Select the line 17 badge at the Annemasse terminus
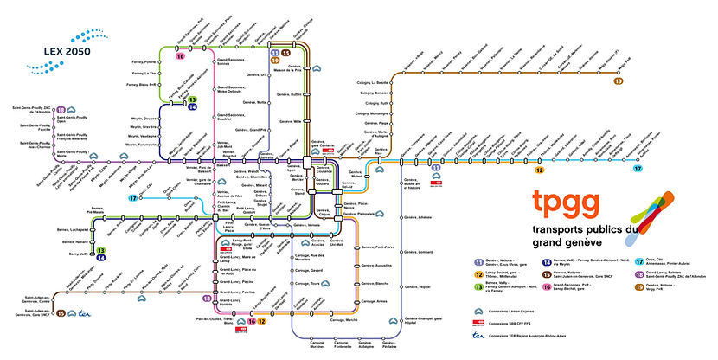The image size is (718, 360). tap(662, 170)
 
